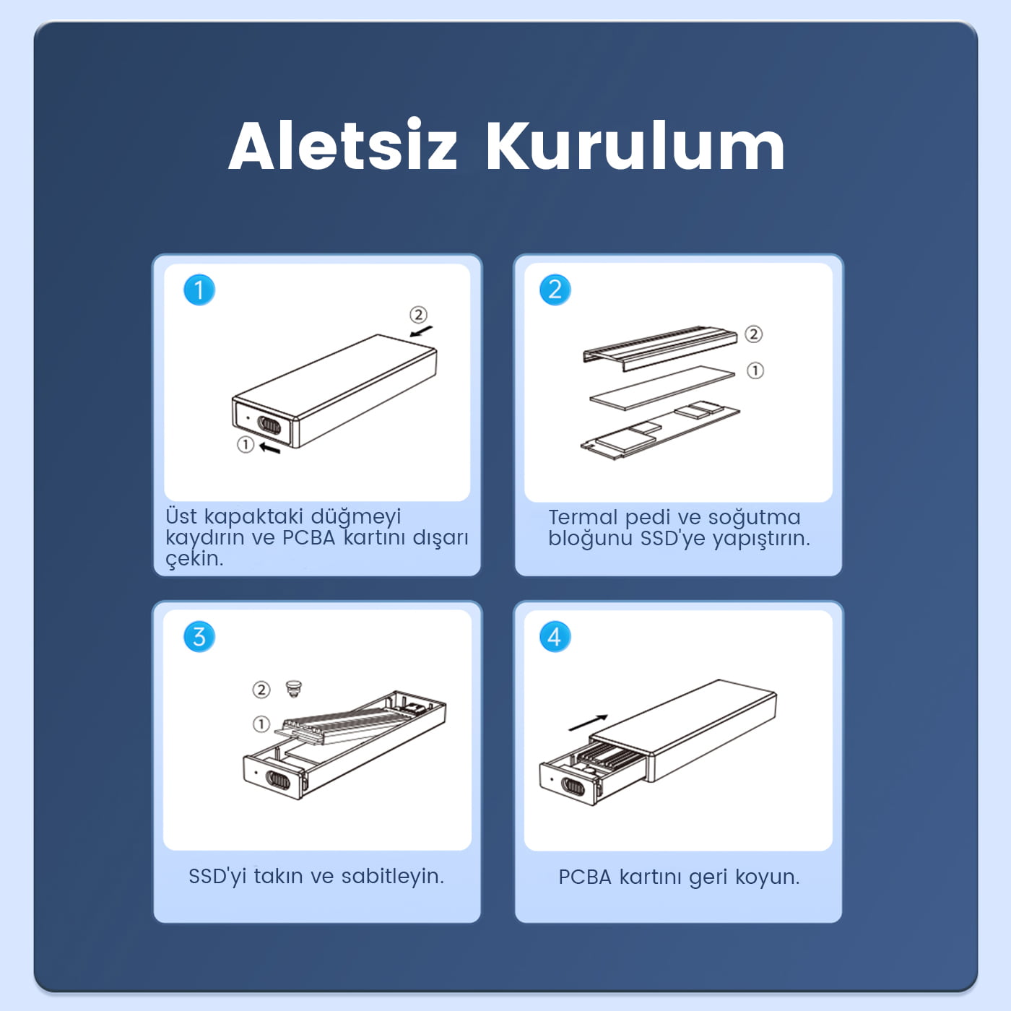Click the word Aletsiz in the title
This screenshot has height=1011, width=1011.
(343, 145)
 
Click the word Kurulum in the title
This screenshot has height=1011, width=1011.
(635, 145)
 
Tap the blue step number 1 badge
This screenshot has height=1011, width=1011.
(199, 290)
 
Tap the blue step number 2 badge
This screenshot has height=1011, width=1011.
(555, 290)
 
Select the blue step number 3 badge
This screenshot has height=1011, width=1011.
(199, 636)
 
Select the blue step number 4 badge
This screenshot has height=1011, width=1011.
(555, 636)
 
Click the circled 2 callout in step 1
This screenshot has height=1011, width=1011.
(418, 314)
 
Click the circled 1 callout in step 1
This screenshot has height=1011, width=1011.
(246, 444)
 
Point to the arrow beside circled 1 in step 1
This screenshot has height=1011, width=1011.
(270, 448)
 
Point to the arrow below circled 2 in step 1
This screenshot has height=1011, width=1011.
(421, 331)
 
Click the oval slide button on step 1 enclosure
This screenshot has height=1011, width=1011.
(269, 425)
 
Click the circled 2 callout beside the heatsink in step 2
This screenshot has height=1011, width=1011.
(753, 334)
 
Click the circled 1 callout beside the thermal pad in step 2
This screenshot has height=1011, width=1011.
(755, 370)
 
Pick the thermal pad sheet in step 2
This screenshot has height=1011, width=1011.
(662, 389)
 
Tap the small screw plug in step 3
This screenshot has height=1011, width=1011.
(293, 687)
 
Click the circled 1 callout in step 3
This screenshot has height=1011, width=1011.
(261, 724)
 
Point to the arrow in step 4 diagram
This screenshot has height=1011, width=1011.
(588, 722)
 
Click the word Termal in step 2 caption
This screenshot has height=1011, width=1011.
(583, 517)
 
